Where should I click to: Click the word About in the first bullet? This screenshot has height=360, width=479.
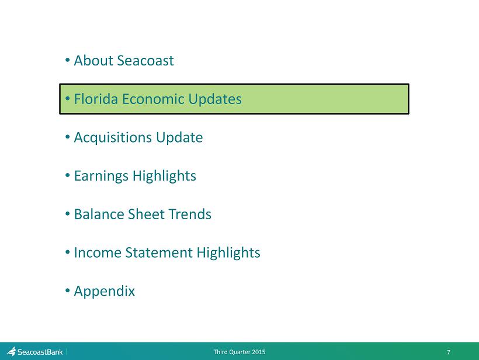pyautogui.click(x=93, y=61)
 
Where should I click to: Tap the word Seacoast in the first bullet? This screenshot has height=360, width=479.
pyautogui.click(x=145, y=61)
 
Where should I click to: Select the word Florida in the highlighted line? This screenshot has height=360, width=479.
pyautogui.click(x=96, y=99)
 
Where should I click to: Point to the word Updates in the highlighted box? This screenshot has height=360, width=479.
pyautogui.click(x=215, y=99)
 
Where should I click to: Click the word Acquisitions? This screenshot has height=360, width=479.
pyautogui.click(x=113, y=138)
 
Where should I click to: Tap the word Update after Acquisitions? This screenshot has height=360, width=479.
pyautogui.click(x=179, y=138)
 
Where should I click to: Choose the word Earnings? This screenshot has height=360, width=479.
pyautogui.click(x=101, y=176)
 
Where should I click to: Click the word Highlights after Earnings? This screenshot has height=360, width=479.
pyautogui.click(x=164, y=176)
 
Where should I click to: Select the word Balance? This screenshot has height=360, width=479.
pyautogui.click(x=99, y=214)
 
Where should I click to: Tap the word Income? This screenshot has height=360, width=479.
pyautogui.click(x=98, y=252)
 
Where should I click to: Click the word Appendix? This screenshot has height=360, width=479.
pyautogui.click(x=105, y=292)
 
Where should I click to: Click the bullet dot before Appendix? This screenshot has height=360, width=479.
pyautogui.click(x=68, y=290)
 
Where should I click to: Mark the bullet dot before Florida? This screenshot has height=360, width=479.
pyautogui.click(x=68, y=98)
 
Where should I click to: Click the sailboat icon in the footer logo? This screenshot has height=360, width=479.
pyautogui.click(x=11, y=351)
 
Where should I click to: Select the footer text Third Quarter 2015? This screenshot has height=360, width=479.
pyautogui.click(x=239, y=352)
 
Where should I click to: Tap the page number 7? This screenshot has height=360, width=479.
pyautogui.click(x=449, y=352)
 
